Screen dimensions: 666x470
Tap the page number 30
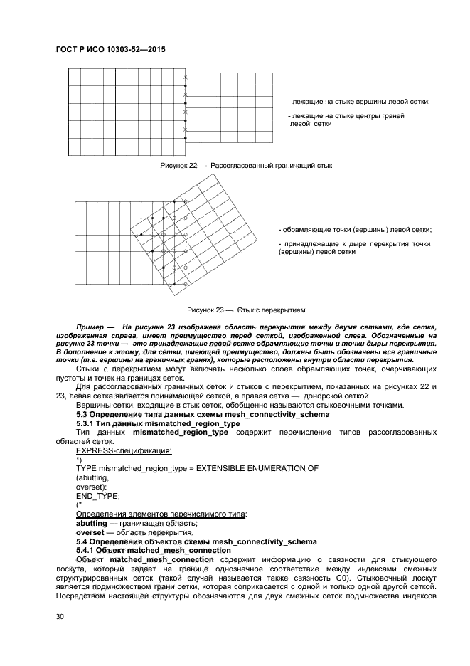(x=60, y=617)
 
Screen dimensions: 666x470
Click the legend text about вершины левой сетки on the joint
(x=358, y=102)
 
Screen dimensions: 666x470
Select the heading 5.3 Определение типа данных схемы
(x=202, y=414)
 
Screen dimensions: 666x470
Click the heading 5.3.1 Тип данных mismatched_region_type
(x=157, y=423)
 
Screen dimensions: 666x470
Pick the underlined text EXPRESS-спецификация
(x=124, y=450)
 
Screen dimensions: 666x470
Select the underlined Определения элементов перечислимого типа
(x=161, y=514)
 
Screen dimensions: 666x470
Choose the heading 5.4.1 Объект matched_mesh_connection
(x=154, y=550)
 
